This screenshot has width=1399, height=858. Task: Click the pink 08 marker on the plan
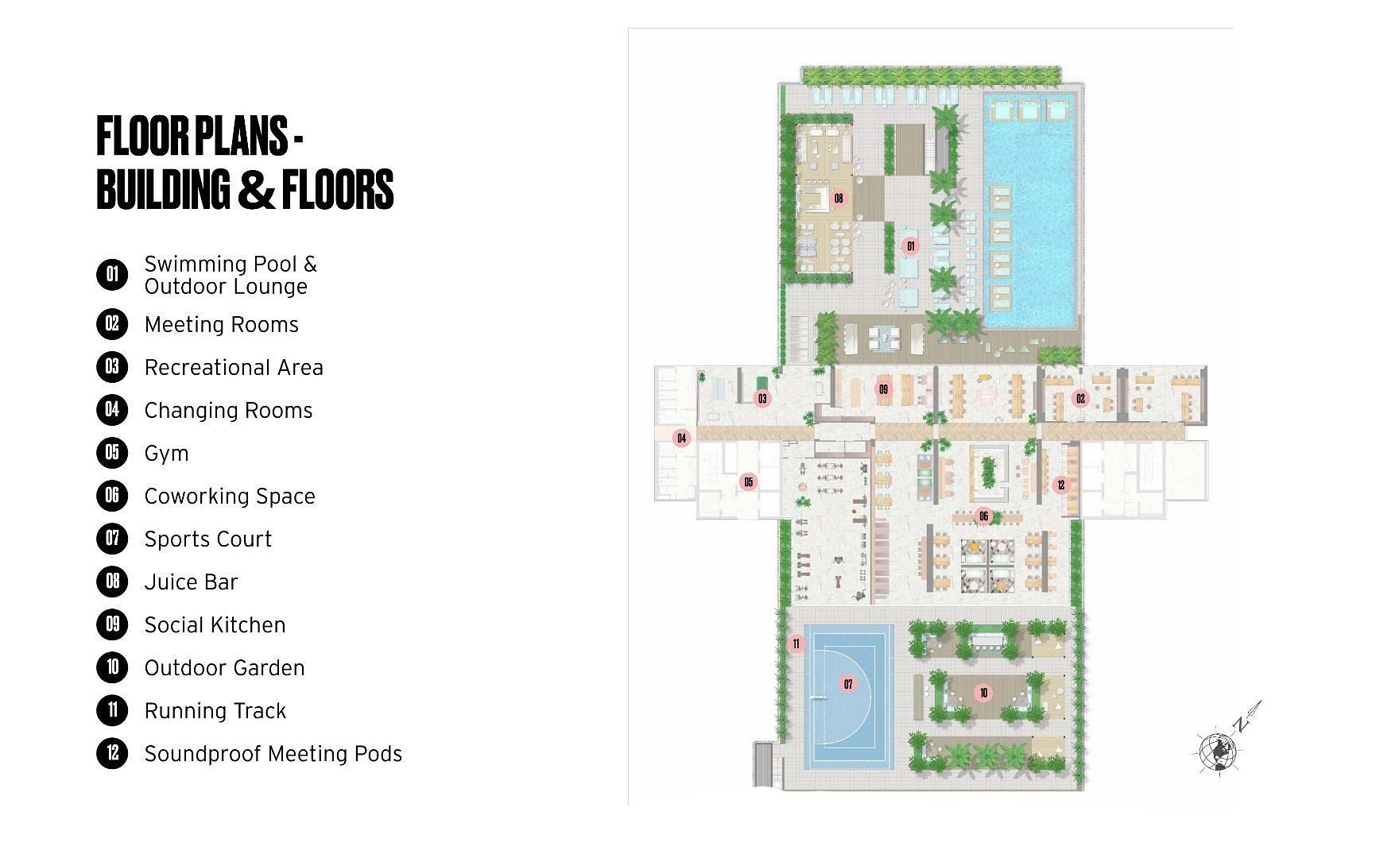click(x=839, y=198)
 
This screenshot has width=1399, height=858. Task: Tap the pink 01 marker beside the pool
click(x=911, y=246)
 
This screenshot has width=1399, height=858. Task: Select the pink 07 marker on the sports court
click(x=848, y=684)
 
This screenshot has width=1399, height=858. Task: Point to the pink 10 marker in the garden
click(x=983, y=693)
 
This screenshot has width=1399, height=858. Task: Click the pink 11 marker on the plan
click(x=796, y=643)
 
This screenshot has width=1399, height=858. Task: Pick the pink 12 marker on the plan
click(x=1060, y=485)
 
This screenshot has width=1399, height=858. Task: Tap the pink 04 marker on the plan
click(x=681, y=438)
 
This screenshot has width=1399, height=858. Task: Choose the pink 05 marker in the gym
click(x=748, y=482)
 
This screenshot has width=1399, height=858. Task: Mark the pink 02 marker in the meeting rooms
click(x=1080, y=398)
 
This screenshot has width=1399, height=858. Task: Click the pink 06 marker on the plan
click(x=983, y=516)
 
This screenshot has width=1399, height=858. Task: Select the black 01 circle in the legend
click(x=112, y=275)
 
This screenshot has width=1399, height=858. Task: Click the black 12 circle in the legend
click(x=112, y=753)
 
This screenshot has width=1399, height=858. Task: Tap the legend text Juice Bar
click(x=191, y=582)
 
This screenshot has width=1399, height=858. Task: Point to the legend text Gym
click(x=166, y=454)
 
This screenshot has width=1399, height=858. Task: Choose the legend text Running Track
click(x=215, y=711)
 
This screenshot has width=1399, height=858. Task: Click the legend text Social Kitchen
click(x=215, y=625)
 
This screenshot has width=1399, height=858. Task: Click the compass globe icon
click(x=1218, y=751)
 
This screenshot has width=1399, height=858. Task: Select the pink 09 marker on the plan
click(x=883, y=389)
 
